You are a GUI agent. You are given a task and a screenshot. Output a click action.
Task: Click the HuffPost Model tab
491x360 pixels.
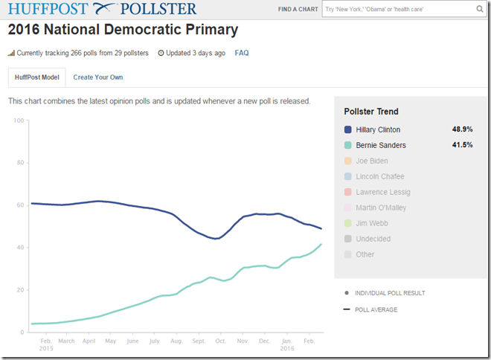[x=36, y=77]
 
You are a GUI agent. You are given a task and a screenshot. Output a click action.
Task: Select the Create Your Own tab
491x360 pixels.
[x=97, y=77]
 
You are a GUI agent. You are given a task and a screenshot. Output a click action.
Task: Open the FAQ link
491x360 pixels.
[x=242, y=54]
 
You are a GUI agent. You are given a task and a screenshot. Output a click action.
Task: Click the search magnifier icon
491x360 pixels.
[x=480, y=10]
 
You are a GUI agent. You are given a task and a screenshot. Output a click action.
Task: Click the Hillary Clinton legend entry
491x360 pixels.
[x=377, y=129]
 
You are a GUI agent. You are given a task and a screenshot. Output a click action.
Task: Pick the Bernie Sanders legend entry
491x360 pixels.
[x=380, y=145]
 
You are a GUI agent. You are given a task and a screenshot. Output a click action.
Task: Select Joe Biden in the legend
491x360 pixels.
[x=372, y=161]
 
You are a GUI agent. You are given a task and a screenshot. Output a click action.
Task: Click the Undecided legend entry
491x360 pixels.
[x=373, y=239]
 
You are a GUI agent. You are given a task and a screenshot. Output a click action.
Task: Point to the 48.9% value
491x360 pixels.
[x=462, y=129]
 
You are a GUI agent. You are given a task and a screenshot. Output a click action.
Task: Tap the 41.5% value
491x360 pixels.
[x=462, y=145]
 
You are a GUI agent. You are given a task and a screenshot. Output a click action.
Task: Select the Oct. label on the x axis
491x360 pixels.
[x=220, y=341]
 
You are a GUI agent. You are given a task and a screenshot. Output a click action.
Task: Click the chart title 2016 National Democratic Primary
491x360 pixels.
[x=123, y=30]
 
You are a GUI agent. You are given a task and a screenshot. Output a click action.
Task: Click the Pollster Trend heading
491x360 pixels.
[x=371, y=112]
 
